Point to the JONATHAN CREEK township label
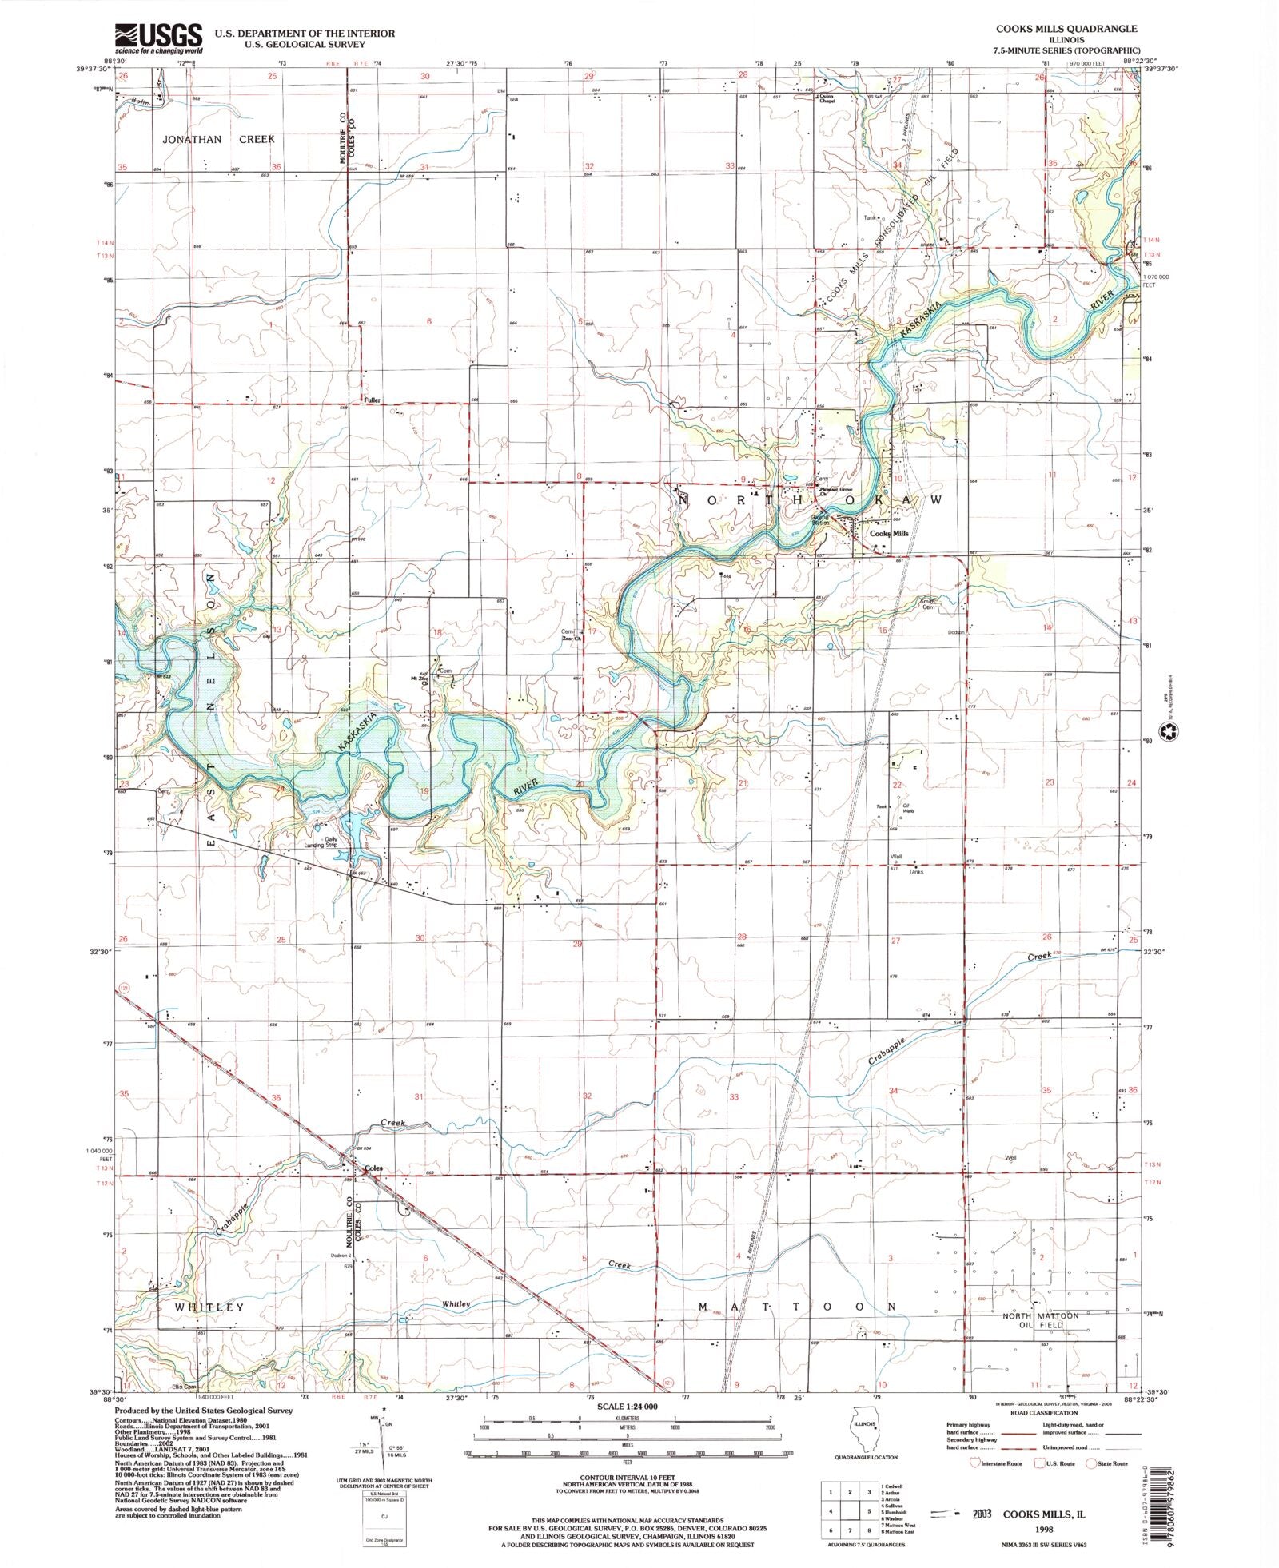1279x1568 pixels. [218, 139]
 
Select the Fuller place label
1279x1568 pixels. [372, 400]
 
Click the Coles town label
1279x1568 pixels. [373, 1168]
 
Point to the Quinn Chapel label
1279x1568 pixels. [827, 99]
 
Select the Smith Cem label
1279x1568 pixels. [926, 604]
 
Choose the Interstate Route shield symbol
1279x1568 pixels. [974, 1463]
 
